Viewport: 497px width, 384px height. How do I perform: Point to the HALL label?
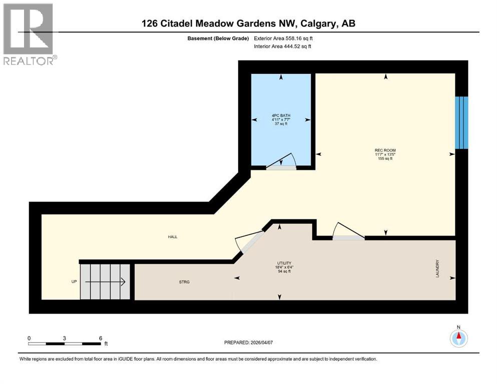click(173, 237)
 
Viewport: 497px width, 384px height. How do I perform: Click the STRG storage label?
click(184, 282)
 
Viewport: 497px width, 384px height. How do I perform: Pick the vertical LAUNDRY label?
click(437, 268)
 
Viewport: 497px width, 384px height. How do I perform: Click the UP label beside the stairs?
click(74, 281)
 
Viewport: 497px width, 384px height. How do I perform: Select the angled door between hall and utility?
click(250, 242)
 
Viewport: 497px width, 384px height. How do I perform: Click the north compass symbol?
click(458, 338)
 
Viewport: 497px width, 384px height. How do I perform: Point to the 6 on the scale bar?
click(101, 338)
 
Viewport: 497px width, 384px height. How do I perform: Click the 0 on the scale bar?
click(29, 338)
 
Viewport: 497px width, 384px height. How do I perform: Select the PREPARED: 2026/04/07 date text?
click(249, 342)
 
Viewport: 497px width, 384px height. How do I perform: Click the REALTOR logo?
click(29, 34)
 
